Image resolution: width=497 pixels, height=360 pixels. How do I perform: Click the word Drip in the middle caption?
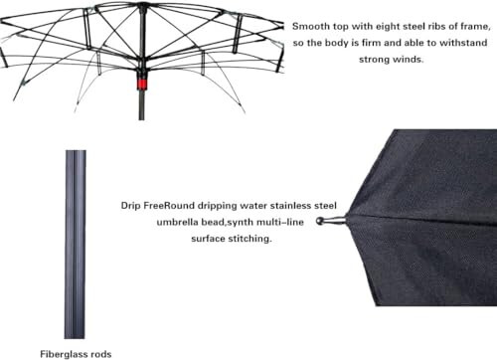133,205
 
